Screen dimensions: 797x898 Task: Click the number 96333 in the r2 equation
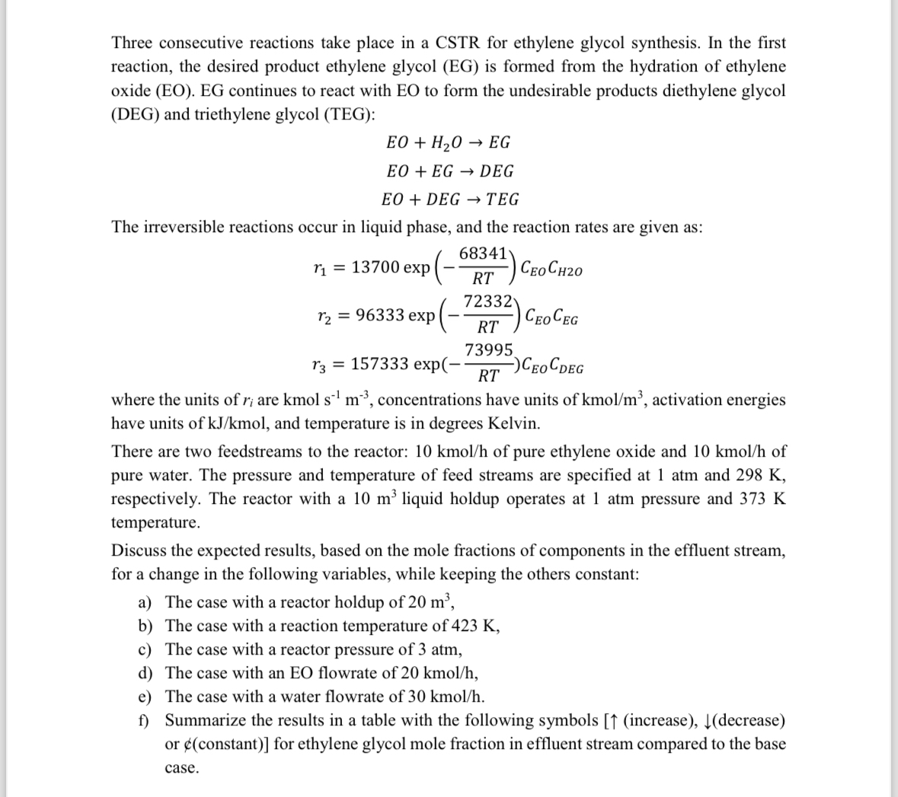pos(380,315)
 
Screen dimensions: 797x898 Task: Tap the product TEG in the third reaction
pos(503,199)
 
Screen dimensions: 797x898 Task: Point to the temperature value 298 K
pos(755,476)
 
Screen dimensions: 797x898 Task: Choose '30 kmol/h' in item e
pos(445,697)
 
